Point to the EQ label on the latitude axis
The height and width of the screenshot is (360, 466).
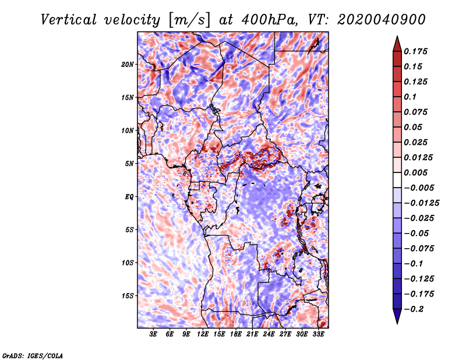129,197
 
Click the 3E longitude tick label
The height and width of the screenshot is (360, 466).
154,335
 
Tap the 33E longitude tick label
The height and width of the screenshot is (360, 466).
319,335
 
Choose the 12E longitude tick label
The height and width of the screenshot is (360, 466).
203,335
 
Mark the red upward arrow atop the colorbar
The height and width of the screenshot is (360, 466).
397,43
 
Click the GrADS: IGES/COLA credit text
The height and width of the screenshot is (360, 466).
33,355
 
